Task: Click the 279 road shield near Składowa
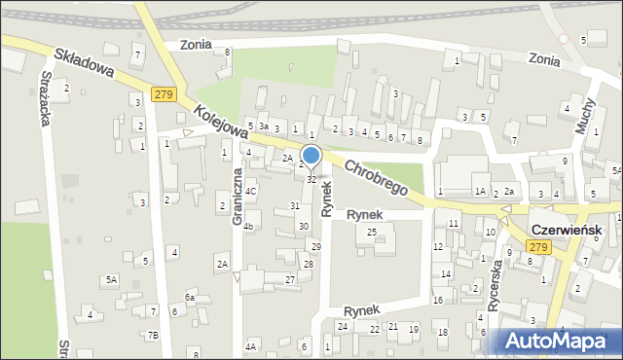(x=163, y=93)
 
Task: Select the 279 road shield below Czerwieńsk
(x=540, y=247)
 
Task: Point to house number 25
(x=372, y=232)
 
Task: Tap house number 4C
(x=250, y=191)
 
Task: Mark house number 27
(x=289, y=279)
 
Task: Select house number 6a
(x=190, y=297)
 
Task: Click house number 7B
(x=153, y=336)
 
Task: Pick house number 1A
(x=480, y=192)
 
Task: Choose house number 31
(x=295, y=205)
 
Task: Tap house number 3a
(x=263, y=127)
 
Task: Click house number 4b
(x=248, y=228)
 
